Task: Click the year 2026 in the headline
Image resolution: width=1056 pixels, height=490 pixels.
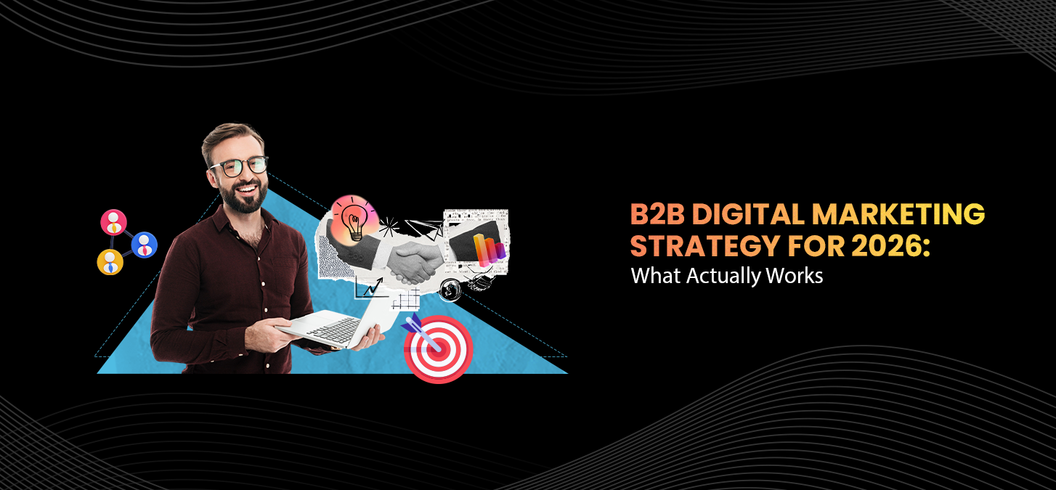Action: [882, 246]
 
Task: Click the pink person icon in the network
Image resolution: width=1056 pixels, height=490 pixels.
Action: [113, 222]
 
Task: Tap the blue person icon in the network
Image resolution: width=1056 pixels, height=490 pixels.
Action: [145, 245]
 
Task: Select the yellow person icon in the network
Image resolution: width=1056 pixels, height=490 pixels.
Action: [110, 262]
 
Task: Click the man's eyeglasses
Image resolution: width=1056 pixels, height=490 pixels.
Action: [238, 166]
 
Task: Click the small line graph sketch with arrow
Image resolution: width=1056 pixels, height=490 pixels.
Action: [370, 289]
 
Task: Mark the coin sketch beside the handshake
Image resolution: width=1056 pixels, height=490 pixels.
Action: [450, 289]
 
